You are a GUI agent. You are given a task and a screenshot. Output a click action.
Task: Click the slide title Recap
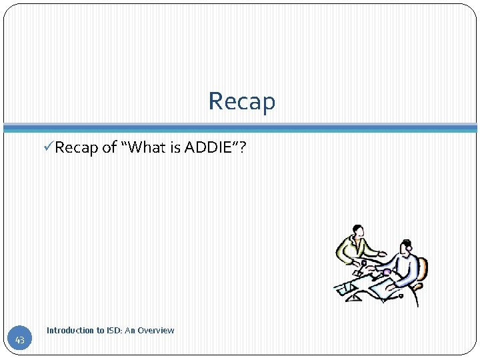point(241,101)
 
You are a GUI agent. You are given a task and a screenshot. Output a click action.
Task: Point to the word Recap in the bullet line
point(77,147)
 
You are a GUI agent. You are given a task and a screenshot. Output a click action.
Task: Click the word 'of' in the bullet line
point(110,147)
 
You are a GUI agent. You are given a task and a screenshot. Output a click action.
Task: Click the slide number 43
point(20,341)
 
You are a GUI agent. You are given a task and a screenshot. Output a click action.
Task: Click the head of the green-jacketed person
point(358,232)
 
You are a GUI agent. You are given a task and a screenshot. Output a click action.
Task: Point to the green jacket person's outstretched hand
point(383,254)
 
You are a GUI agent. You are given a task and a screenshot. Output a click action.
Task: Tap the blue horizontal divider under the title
point(240,127)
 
